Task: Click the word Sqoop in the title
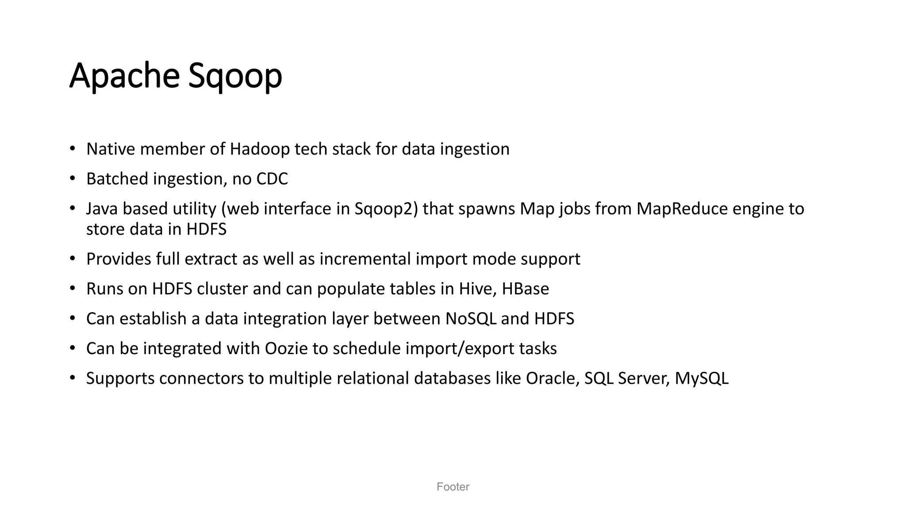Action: pyautogui.click(x=235, y=76)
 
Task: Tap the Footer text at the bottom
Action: pyautogui.click(x=453, y=487)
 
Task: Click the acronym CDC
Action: pyautogui.click(x=272, y=179)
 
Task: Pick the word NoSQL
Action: pyautogui.click(x=471, y=319)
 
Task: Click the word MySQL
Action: pyautogui.click(x=701, y=379)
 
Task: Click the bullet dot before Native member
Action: pyautogui.click(x=73, y=148)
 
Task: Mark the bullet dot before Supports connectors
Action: pyautogui.click(x=73, y=378)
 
